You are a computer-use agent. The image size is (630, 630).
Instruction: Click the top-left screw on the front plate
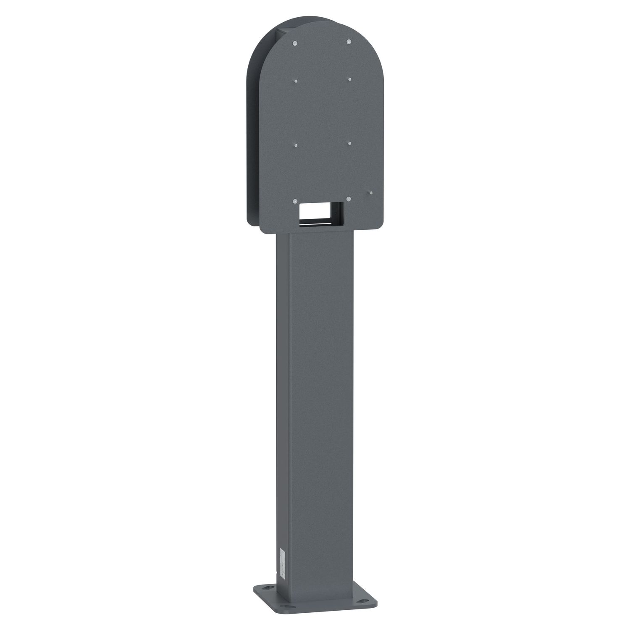click(295, 43)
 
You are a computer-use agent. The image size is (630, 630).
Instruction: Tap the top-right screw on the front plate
click(349, 41)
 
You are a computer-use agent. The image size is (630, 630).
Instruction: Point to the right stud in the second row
click(349, 78)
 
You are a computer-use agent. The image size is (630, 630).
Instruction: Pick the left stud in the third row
click(296, 145)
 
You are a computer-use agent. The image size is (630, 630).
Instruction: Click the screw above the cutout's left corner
click(296, 201)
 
